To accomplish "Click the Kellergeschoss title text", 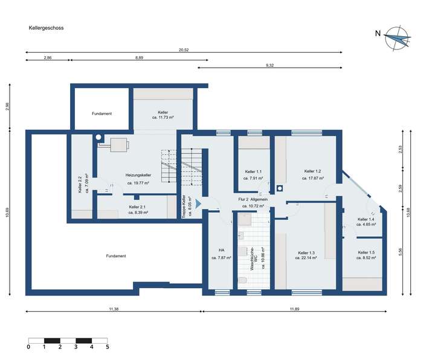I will [46, 28].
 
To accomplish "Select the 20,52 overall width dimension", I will [184, 50].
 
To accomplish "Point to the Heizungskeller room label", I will [138, 175].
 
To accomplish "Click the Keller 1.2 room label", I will [312, 171].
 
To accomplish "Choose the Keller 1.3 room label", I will [306, 252].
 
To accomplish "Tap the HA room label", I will [222, 249].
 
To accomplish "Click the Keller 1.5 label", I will [366, 252].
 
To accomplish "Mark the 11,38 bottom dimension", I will [114, 309].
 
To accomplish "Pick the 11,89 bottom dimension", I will [294, 309].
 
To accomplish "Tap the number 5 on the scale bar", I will [108, 347].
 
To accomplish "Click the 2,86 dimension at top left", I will [48, 57].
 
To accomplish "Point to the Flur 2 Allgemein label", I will [253, 199].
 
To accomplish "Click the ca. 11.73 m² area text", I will [163, 118].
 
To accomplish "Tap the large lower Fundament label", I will [115, 256].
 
